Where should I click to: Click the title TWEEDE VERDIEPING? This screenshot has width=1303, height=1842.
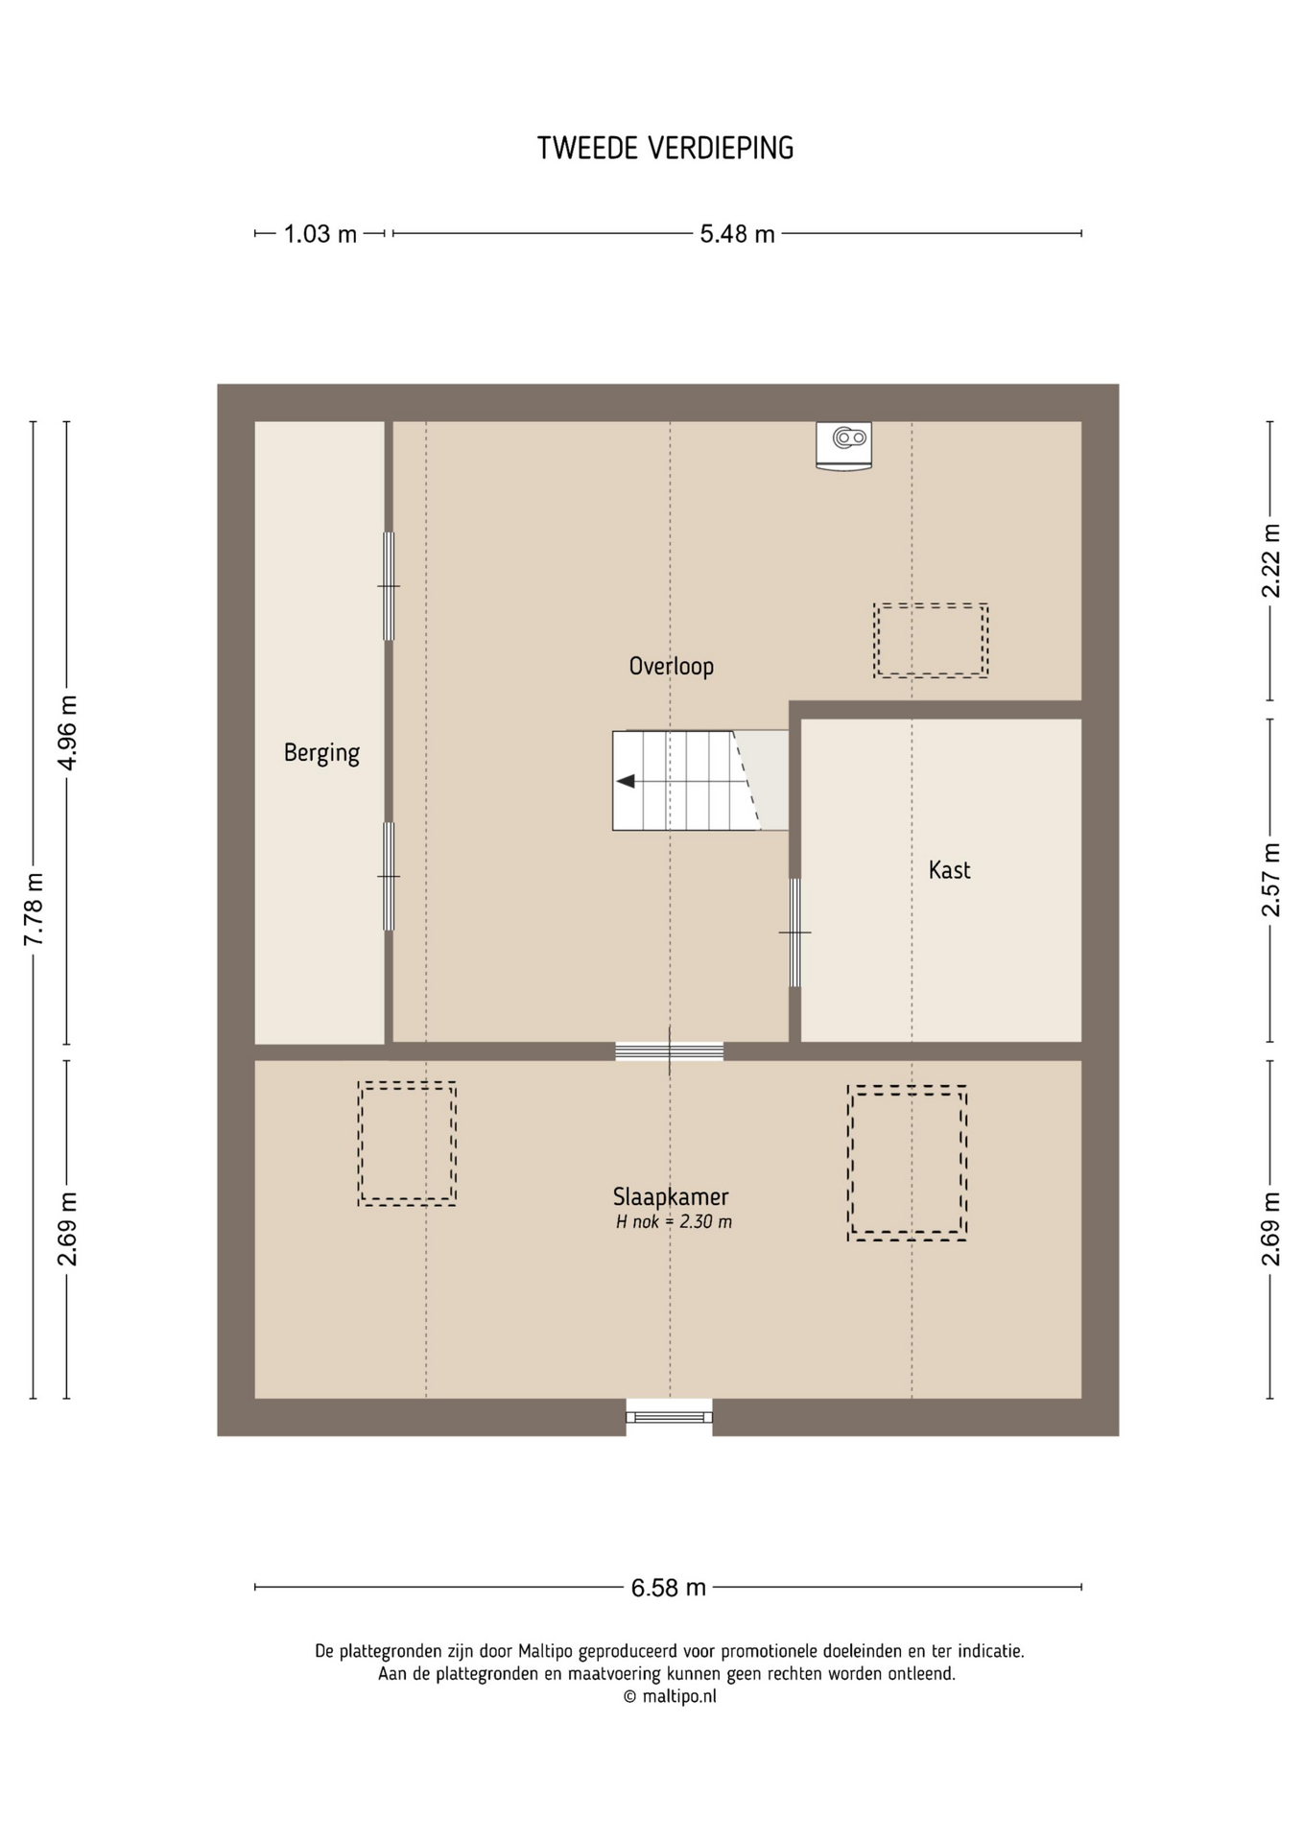(x=665, y=148)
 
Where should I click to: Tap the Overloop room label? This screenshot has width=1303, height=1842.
(x=671, y=666)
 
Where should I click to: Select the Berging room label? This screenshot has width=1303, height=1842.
(x=321, y=753)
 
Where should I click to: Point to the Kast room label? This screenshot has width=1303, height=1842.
(x=949, y=870)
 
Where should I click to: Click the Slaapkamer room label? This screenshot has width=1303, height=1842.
(x=671, y=1196)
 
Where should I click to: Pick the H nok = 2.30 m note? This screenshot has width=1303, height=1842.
(x=674, y=1222)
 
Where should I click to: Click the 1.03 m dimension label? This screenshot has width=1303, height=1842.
(x=320, y=234)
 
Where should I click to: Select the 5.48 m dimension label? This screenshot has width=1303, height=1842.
(x=737, y=234)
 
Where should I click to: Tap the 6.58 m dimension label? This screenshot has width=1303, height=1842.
(x=668, y=1588)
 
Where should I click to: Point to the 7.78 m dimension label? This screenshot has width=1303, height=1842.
(x=34, y=909)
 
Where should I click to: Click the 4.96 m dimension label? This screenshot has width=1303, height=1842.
(x=67, y=733)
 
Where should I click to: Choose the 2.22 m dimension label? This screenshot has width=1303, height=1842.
(x=1270, y=560)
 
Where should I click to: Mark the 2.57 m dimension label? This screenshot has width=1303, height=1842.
(x=1270, y=880)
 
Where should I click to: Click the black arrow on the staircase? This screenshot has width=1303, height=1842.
(x=626, y=781)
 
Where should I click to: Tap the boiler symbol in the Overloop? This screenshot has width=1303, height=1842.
(x=844, y=446)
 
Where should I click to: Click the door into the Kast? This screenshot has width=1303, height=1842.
(x=794, y=933)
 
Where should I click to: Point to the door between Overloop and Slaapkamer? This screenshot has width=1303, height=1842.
(x=670, y=1051)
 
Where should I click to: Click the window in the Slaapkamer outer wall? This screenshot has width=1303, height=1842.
(x=670, y=1417)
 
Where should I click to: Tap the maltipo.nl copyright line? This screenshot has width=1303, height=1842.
(x=670, y=1696)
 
